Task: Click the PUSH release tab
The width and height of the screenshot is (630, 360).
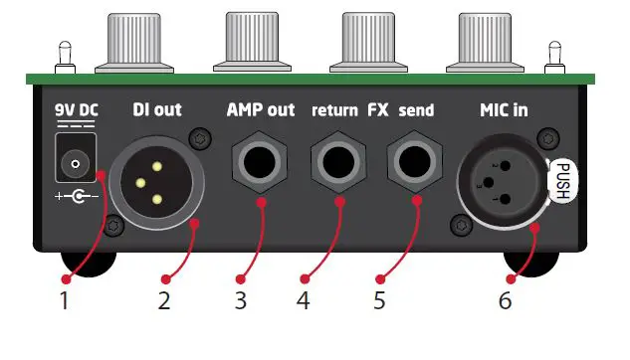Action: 563,182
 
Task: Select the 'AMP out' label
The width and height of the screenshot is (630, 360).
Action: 261,109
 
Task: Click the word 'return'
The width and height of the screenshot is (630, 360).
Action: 333,110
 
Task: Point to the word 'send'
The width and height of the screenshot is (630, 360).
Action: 416,110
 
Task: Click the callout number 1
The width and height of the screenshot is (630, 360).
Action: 66,298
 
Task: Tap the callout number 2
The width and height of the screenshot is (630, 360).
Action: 164,298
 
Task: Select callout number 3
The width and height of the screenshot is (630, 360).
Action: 239,298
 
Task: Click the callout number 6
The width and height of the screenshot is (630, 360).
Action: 505,298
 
